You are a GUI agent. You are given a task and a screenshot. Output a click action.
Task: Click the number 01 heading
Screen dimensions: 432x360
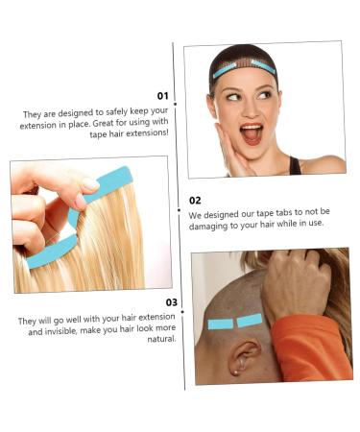[x=162, y=96]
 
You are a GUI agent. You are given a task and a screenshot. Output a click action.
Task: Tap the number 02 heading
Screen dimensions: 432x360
[x=195, y=201]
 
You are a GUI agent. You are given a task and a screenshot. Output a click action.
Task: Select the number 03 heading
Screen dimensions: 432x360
[x=172, y=302]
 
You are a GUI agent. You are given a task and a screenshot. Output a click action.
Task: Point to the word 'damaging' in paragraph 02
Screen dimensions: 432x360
[x=209, y=224]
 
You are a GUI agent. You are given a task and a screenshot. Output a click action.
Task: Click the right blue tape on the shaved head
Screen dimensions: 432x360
[x=250, y=320]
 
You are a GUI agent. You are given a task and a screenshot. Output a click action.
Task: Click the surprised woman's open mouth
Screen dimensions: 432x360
[x=251, y=132]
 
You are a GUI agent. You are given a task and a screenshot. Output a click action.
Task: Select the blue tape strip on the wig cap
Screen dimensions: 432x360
[x=244, y=68]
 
